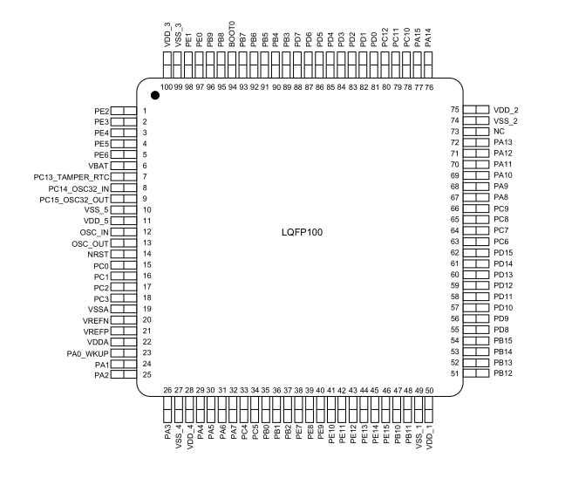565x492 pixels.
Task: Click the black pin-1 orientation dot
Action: click(x=155, y=95)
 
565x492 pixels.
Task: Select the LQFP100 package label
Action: click(x=302, y=232)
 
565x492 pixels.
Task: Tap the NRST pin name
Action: click(x=98, y=255)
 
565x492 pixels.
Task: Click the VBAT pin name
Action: click(x=99, y=166)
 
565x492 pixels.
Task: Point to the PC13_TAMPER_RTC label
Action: click(x=71, y=177)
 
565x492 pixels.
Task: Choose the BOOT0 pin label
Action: click(x=232, y=34)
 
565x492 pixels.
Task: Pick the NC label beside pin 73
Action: click(x=499, y=131)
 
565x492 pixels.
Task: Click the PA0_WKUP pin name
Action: click(x=87, y=353)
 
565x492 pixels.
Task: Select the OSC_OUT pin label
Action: click(x=90, y=244)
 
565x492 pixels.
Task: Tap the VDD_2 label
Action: click(x=506, y=110)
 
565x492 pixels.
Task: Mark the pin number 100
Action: click(x=167, y=87)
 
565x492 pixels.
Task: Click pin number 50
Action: click(x=429, y=390)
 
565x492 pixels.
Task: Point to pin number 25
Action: click(x=147, y=374)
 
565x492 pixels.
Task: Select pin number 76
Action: click(x=429, y=87)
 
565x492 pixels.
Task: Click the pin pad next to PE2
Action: click(x=124, y=111)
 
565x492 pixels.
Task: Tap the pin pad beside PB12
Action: click(x=476, y=373)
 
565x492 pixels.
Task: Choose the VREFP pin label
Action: click(x=96, y=331)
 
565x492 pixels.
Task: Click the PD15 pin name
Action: click(x=503, y=253)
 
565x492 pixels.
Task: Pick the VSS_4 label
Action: click(x=179, y=437)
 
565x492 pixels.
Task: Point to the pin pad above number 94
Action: click(x=232, y=65)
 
